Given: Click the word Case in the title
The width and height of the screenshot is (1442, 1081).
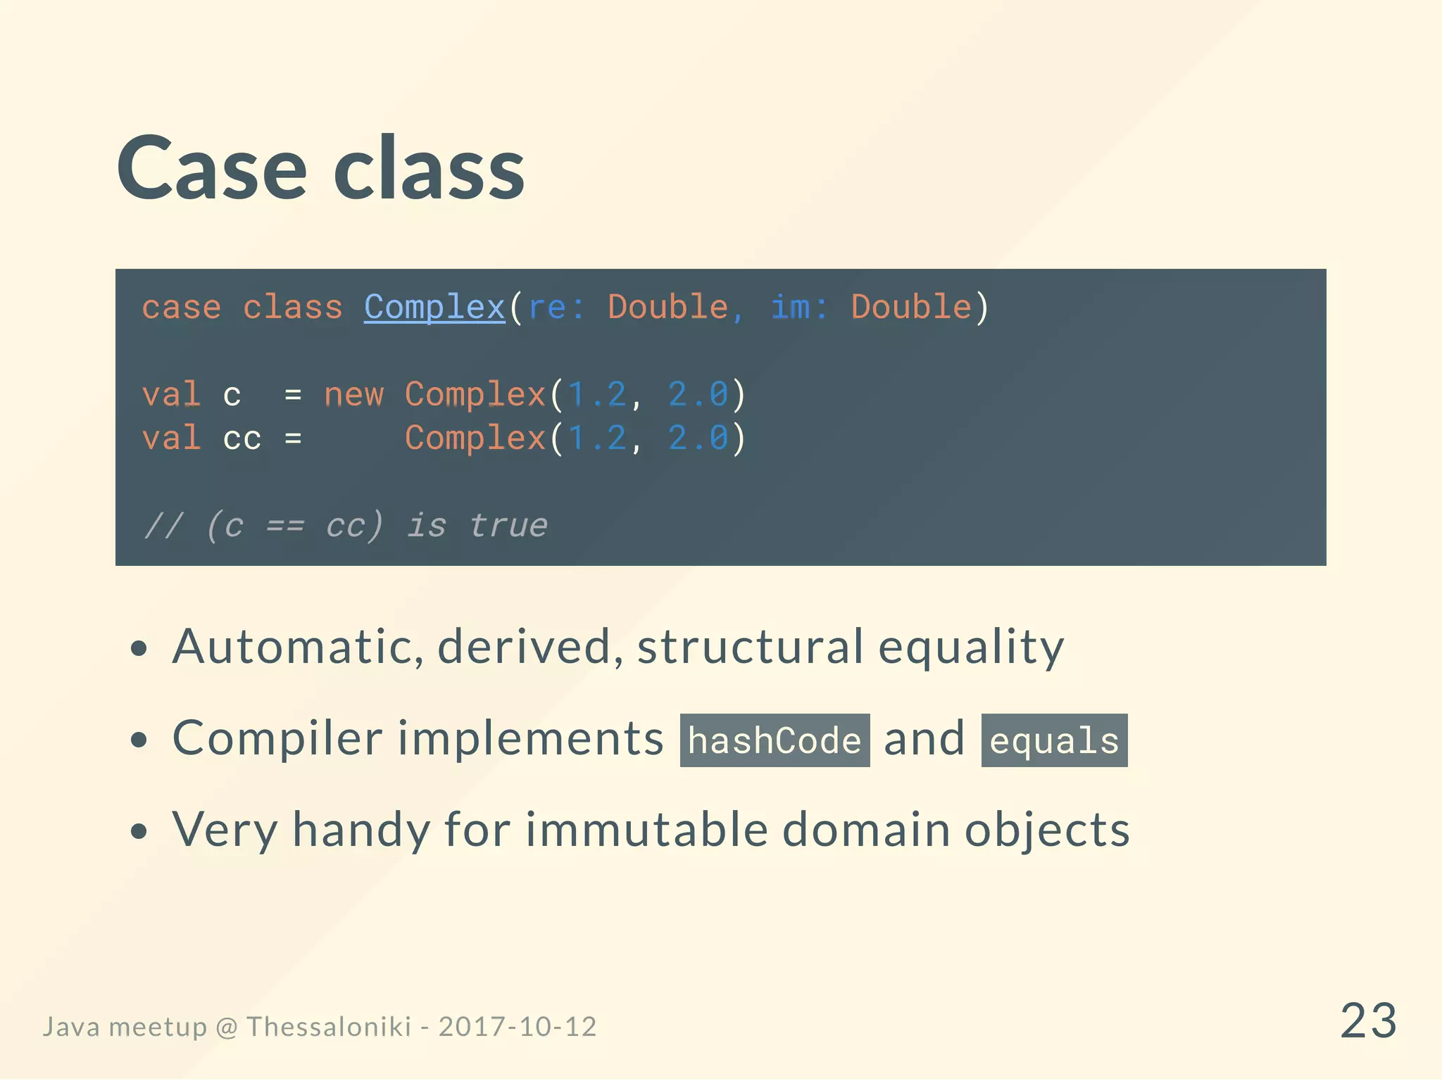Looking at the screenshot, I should pyautogui.click(x=211, y=169).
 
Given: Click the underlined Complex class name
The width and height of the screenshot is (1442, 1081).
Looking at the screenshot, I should pyautogui.click(x=434, y=308).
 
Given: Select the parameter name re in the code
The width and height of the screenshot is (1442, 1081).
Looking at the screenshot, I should pyautogui.click(x=546, y=308).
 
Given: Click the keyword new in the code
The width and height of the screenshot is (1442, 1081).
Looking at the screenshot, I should pyautogui.click(x=353, y=395).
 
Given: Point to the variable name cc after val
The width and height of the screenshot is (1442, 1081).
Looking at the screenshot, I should pyautogui.click(x=242, y=439).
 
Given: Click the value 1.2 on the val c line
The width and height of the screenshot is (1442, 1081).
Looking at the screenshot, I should pyautogui.click(x=596, y=395).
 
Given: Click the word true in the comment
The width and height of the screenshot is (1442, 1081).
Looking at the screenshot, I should pyautogui.click(x=508, y=526).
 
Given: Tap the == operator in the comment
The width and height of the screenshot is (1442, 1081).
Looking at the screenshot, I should pyautogui.click(x=285, y=526).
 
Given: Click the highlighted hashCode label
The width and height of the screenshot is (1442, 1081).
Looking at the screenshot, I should pyautogui.click(x=775, y=740).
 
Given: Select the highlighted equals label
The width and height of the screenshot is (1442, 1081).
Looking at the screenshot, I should pyautogui.click(x=1054, y=740).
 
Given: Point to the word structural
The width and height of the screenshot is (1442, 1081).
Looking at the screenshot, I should pyautogui.click(x=750, y=646).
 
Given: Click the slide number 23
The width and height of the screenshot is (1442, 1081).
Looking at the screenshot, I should pyautogui.click(x=1367, y=1020).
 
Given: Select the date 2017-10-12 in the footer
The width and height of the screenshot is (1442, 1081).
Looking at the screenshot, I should pyautogui.click(x=518, y=1027).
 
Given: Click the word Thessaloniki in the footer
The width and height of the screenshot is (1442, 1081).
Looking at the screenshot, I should pyautogui.click(x=328, y=1027).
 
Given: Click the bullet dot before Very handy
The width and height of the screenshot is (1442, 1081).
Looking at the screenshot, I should pyautogui.click(x=139, y=831).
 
